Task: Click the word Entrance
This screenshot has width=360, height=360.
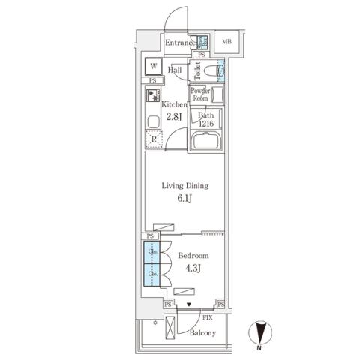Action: click(x=181, y=43)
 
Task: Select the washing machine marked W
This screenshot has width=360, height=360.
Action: click(x=153, y=66)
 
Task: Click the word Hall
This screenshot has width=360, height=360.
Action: click(x=175, y=70)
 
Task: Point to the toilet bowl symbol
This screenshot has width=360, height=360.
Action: click(x=220, y=71)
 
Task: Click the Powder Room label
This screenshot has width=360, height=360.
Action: click(x=199, y=94)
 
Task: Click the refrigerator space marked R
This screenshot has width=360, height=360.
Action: click(x=153, y=138)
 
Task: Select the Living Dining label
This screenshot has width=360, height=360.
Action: click(x=185, y=186)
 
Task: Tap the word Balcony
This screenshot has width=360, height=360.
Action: click(x=202, y=332)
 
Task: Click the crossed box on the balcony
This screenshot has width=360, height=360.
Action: click(x=170, y=327)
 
